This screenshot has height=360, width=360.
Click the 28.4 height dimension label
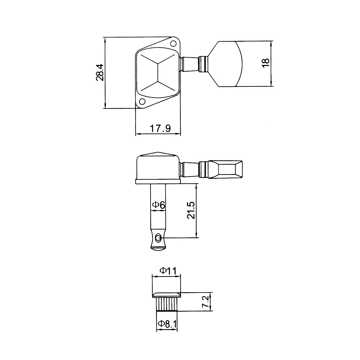click(100, 72)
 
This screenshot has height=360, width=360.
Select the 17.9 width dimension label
click(160, 128)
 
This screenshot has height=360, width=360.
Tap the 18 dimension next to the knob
click(266, 63)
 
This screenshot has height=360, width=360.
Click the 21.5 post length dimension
click(191, 210)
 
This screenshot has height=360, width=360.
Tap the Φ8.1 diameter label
click(167, 324)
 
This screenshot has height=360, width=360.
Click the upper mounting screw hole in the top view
click(174, 43)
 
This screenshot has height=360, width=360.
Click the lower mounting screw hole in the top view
click(142, 102)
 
